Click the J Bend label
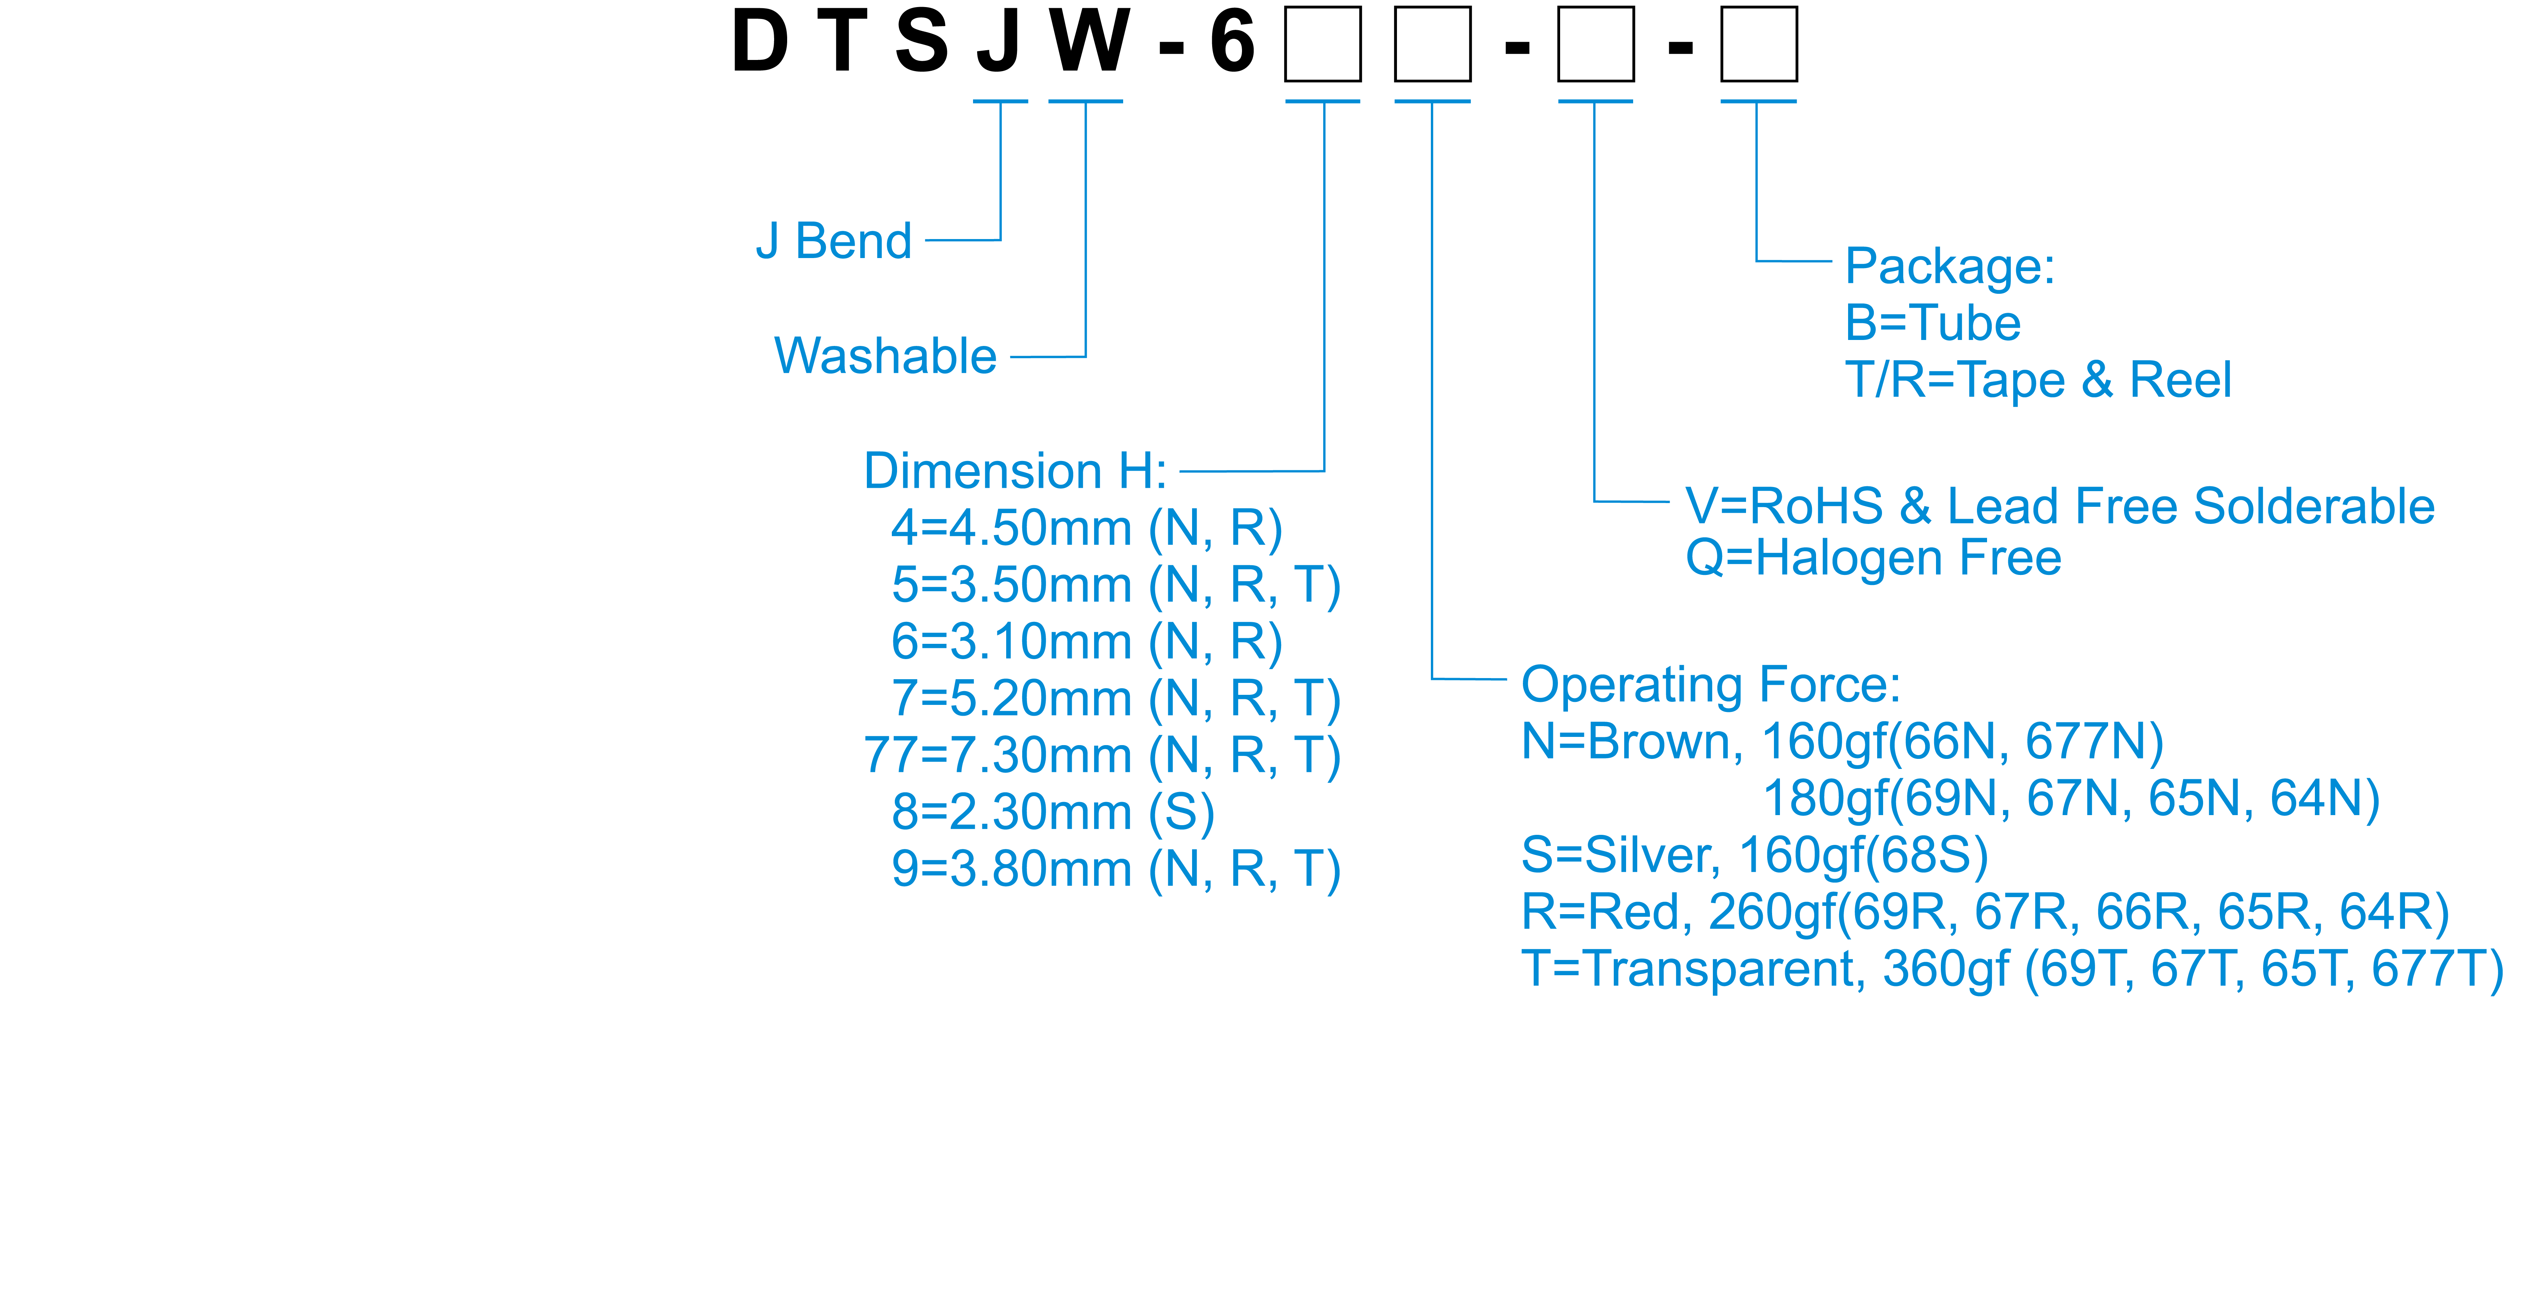click(833, 241)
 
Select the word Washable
click(885, 357)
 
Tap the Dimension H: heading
click(1015, 471)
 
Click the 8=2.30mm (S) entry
click(1052, 812)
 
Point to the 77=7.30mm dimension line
click(1102, 756)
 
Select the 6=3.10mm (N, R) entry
click(1086, 642)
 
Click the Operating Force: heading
click(1710, 684)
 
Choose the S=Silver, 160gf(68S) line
click(1754, 855)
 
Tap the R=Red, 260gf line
click(1984, 912)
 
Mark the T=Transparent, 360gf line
click(2012, 969)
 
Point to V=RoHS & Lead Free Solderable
click(2059, 506)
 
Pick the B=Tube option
click(1932, 323)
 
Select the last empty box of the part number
click(1759, 44)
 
